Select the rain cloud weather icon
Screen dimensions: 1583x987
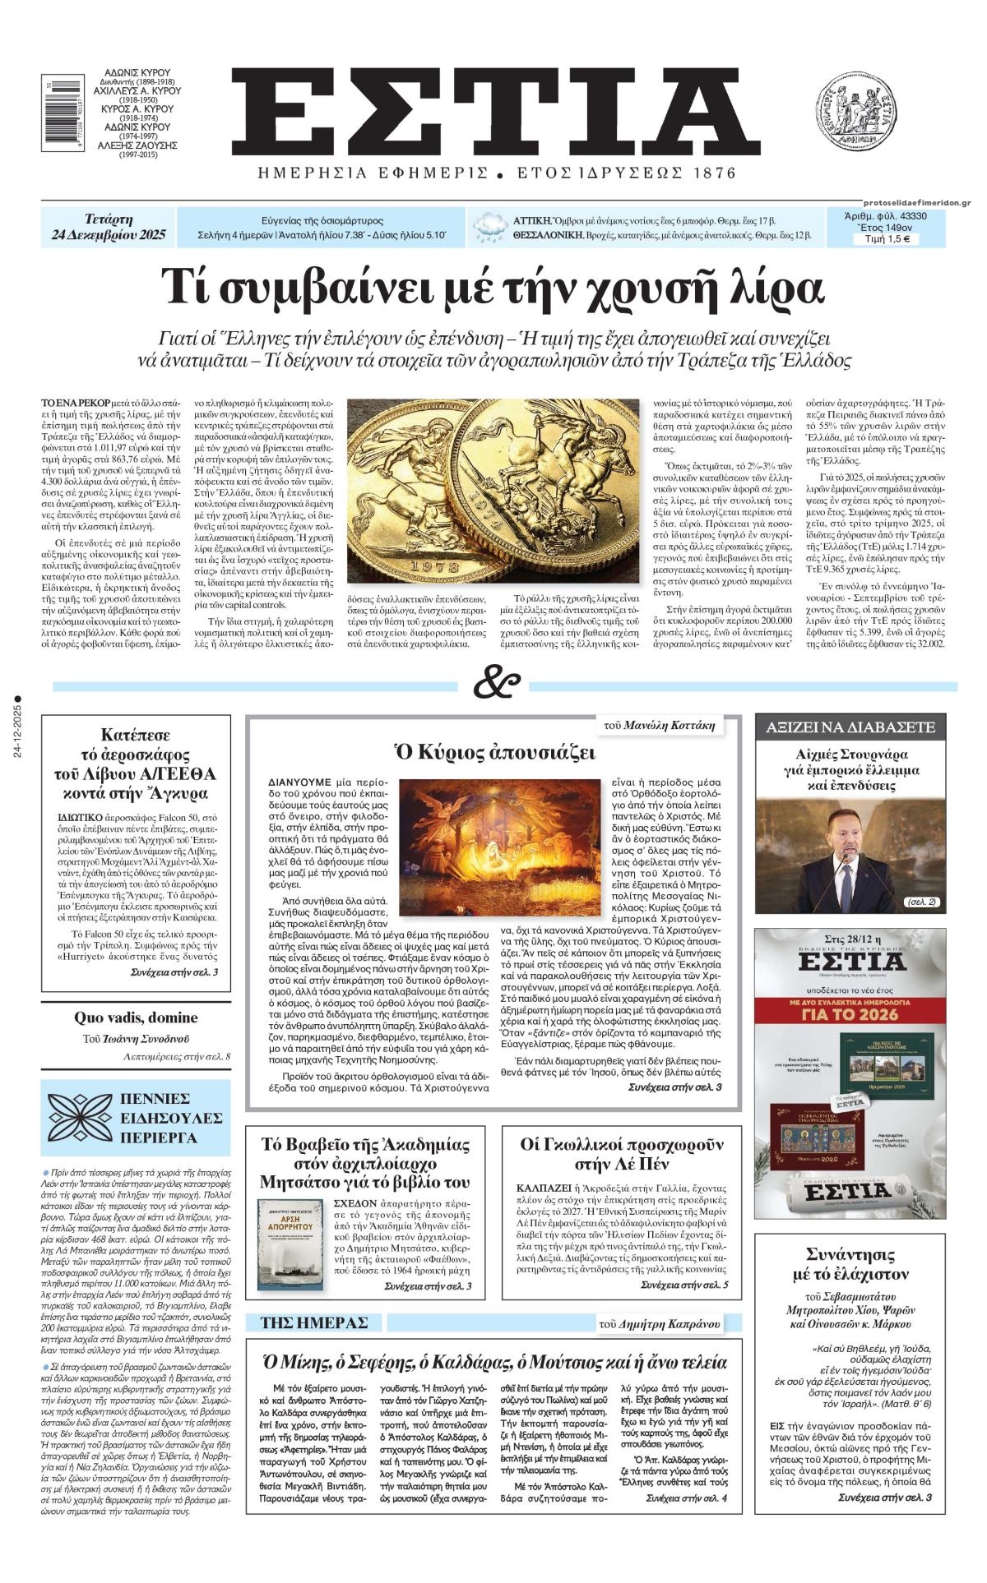click(x=490, y=226)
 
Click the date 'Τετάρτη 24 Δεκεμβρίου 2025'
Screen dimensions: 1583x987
click(x=108, y=228)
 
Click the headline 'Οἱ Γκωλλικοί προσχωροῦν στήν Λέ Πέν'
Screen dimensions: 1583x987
click(x=622, y=1154)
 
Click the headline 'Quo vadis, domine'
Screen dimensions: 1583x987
click(x=136, y=1018)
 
